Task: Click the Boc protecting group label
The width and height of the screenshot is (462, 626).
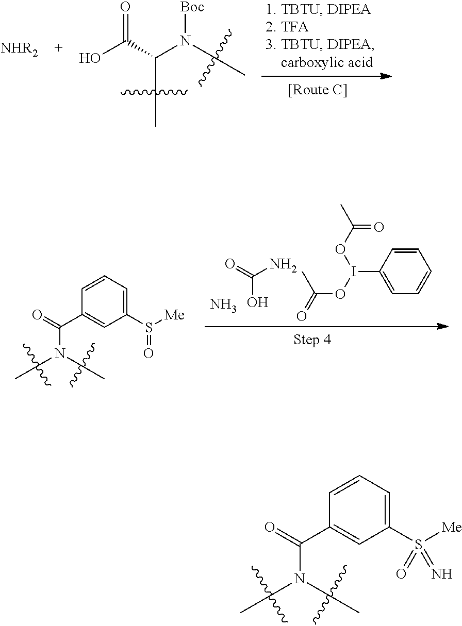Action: [192, 7]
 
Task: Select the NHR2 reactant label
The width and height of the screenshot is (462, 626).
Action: [19, 49]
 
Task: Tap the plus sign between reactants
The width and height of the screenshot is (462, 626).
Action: [58, 48]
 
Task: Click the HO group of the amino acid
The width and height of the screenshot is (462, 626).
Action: [90, 58]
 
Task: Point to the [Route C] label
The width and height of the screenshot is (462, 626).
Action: [318, 90]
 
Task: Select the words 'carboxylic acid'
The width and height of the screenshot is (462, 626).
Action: [327, 62]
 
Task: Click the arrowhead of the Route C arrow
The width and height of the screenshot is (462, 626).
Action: [387, 76]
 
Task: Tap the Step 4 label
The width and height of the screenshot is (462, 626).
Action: [312, 340]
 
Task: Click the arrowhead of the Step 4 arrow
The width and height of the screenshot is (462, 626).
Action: [443, 327]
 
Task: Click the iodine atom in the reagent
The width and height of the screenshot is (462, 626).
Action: [354, 272]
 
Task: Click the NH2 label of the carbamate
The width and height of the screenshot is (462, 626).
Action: [283, 264]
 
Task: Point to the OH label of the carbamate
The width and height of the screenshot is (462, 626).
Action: [258, 302]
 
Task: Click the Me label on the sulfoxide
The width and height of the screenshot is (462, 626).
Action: [174, 315]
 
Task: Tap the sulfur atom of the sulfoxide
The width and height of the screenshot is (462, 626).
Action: [149, 327]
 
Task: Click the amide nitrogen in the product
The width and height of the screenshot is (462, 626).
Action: [300, 578]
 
